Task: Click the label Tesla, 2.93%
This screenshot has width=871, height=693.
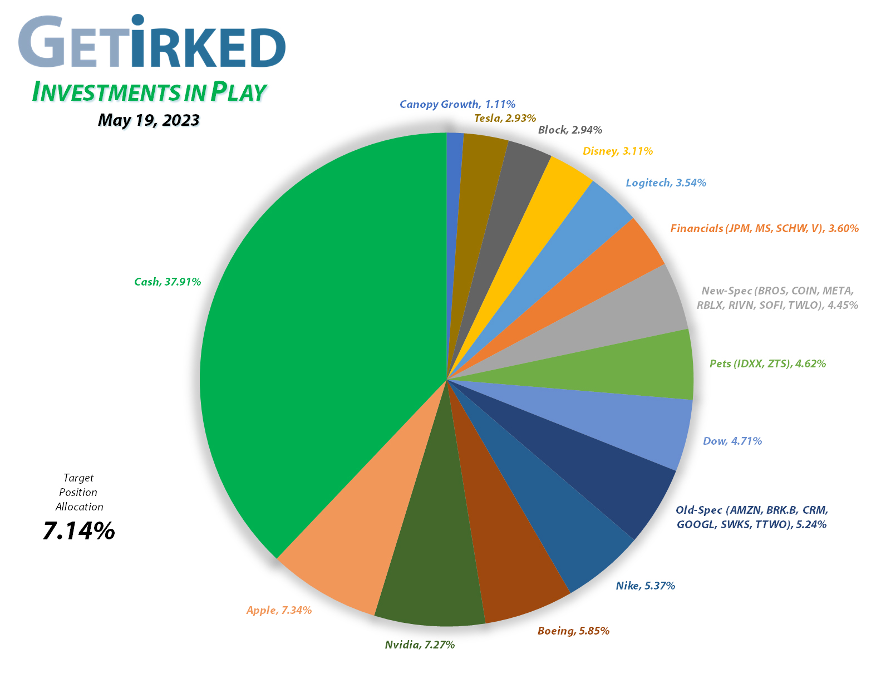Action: tap(505, 118)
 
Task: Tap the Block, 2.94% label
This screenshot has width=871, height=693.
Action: tap(570, 130)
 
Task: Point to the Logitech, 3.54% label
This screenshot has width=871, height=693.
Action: tap(666, 183)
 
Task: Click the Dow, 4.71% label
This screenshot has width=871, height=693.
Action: tap(732, 441)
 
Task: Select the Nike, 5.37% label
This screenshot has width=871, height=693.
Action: tap(645, 586)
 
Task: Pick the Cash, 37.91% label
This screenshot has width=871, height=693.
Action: tap(168, 282)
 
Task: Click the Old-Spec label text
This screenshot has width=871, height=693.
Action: tap(751, 517)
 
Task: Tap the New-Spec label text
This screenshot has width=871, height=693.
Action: tap(777, 298)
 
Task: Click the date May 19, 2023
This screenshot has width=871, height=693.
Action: tap(149, 120)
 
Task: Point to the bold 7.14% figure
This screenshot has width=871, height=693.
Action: tap(78, 531)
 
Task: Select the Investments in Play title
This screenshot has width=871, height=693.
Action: tap(149, 92)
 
